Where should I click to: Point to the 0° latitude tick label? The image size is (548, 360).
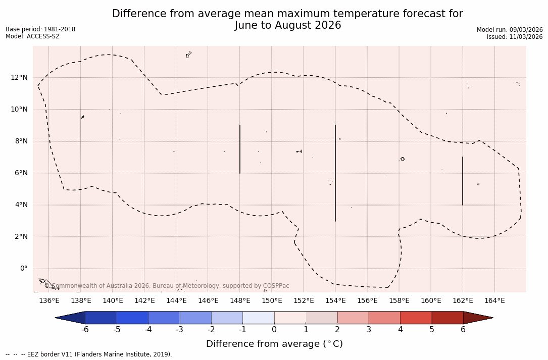[x=23, y=269]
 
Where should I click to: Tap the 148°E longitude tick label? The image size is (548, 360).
[x=240, y=301]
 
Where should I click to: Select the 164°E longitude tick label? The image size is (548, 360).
[x=494, y=301]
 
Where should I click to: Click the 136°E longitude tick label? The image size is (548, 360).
[x=49, y=301]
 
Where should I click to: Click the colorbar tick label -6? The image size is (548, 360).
[x=85, y=330]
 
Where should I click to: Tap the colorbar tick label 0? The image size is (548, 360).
[x=274, y=330]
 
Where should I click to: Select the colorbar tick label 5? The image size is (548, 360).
[x=432, y=330]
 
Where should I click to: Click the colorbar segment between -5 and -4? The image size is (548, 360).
[x=132, y=318]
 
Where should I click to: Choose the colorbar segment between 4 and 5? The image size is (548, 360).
[x=416, y=318]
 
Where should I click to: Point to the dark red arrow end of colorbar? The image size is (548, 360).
[x=477, y=318]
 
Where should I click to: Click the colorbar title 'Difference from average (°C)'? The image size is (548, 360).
[x=274, y=344]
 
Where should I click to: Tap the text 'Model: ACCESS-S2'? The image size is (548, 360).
[x=32, y=36]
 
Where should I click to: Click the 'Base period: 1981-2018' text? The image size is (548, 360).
[x=40, y=29]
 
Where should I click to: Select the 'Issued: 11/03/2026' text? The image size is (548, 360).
[x=515, y=37]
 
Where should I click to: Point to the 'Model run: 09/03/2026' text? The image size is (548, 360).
[x=510, y=30]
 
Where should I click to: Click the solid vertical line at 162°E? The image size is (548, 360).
[x=463, y=181]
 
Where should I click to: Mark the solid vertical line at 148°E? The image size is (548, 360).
[x=240, y=149]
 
